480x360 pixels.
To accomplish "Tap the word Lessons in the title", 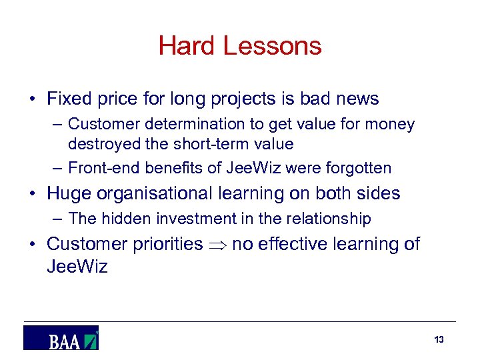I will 272,46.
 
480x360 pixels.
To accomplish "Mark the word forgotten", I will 359,168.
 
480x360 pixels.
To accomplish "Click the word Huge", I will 70,193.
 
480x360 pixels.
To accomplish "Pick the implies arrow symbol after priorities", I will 217,245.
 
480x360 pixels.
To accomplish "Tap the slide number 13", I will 439,340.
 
